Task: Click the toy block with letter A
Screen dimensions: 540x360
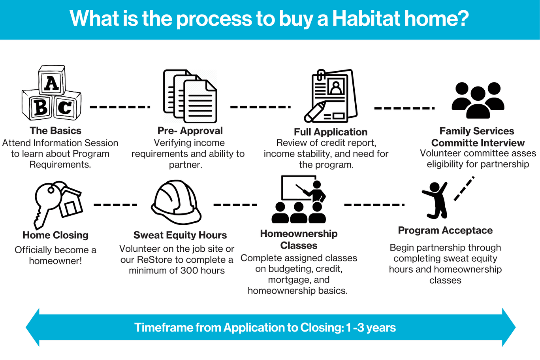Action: [x=52, y=80]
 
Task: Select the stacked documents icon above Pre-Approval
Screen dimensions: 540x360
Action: [x=190, y=96]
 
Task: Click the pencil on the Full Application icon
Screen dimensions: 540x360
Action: [x=315, y=112]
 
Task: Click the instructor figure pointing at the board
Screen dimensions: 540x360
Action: [x=313, y=192]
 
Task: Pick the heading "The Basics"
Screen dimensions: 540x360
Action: [x=55, y=131]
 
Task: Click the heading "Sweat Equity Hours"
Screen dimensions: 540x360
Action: [x=180, y=235]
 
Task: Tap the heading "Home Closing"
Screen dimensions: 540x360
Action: [x=55, y=235]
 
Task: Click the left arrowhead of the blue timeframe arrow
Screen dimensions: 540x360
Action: [x=32, y=327]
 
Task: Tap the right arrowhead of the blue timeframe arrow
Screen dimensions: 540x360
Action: [x=509, y=327]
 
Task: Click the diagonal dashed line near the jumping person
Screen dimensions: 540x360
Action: [x=464, y=188]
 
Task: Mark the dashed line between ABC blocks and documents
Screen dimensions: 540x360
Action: [x=120, y=107]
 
